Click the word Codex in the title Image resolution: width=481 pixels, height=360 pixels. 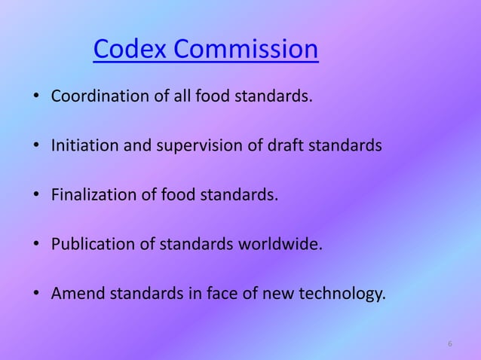[130, 50]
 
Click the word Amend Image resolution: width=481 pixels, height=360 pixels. [78, 293]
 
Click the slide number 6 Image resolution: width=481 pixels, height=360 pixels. [450, 344]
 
